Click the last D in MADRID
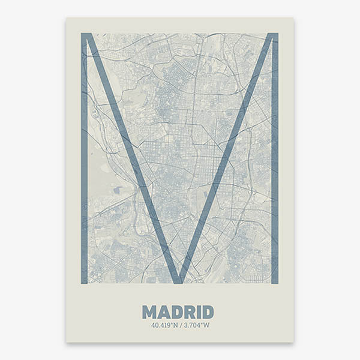207,312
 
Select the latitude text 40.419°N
164,325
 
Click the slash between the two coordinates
179,325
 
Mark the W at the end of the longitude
207,325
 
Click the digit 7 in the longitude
192,325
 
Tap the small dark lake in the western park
116,190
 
